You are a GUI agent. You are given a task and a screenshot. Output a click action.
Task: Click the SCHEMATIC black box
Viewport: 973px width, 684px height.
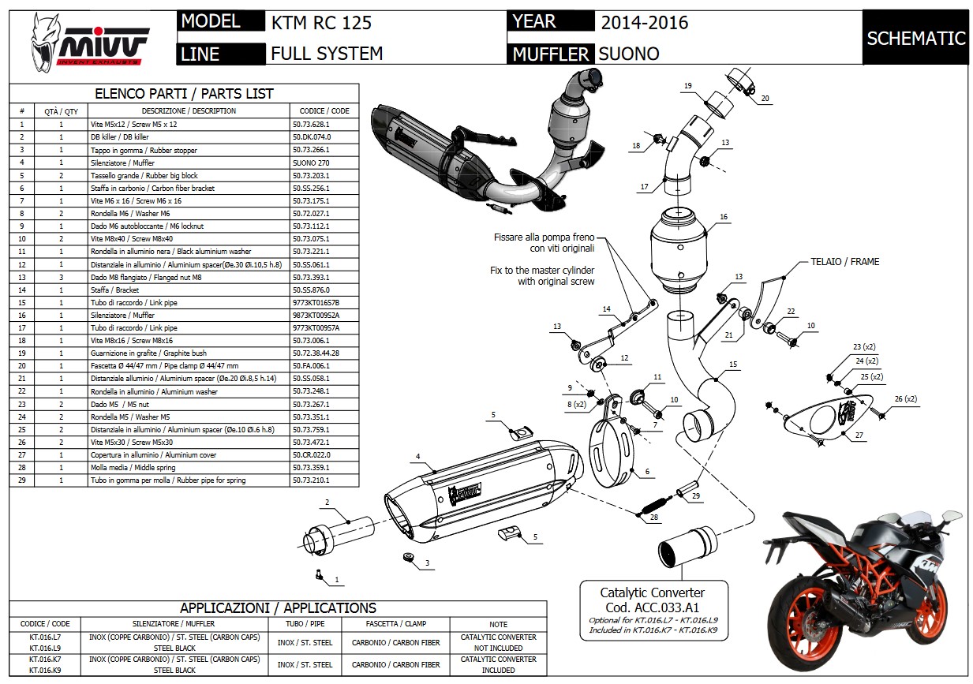[915, 38]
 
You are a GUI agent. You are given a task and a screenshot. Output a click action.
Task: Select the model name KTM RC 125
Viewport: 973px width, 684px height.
[320, 22]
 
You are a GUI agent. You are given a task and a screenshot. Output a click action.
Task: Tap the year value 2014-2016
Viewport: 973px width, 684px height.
[644, 22]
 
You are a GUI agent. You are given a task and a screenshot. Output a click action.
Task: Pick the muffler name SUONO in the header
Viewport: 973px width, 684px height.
[629, 54]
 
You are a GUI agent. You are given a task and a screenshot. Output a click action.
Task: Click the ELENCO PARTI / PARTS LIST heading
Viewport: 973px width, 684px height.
[184, 93]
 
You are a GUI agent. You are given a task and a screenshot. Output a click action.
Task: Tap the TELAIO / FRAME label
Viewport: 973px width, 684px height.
[844, 261]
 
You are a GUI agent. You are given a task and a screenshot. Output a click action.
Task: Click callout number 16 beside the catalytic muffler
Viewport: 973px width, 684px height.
[723, 217]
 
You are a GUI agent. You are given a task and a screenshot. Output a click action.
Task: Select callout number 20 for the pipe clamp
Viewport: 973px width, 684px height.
[765, 99]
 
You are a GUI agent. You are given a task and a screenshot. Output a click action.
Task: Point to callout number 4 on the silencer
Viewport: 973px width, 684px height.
[418, 455]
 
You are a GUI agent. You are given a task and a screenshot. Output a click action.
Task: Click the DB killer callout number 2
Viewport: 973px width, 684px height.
[326, 503]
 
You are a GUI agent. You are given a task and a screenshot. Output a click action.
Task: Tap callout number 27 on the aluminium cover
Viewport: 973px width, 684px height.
[859, 435]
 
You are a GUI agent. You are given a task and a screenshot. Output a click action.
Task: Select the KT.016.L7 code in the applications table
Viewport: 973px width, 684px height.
[45, 637]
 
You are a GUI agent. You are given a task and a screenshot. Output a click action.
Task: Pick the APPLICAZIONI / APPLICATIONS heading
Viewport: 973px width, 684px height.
[278, 608]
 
